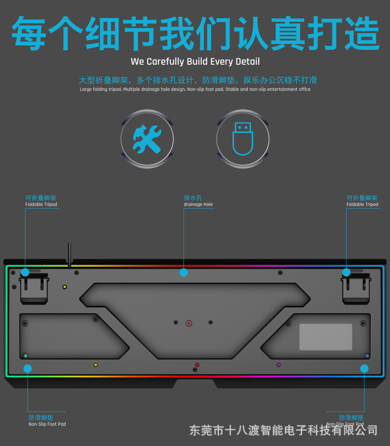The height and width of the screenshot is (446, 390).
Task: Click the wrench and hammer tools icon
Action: click(147, 139)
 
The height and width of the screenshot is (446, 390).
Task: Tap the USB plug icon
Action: click(243, 139)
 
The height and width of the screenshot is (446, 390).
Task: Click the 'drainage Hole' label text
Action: click(198, 204)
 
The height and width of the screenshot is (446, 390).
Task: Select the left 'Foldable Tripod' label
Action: click(41, 204)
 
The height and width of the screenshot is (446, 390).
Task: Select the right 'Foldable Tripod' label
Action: click(362, 204)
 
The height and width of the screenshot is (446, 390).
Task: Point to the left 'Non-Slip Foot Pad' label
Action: click(47, 424)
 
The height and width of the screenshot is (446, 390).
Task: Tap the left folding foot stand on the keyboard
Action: click(34, 287)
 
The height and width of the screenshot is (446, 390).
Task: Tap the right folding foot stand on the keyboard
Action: click(356, 288)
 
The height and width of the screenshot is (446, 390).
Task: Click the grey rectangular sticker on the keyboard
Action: click(326, 337)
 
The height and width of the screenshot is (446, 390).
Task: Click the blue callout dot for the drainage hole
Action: click(184, 273)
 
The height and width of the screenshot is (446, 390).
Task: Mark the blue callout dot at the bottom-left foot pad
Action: click(28, 368)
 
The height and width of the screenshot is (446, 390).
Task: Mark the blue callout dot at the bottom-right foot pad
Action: click(364, 368)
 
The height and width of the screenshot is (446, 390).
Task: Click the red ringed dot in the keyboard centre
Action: click(189, 324)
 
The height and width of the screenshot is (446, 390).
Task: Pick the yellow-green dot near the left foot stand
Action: click(65, 287)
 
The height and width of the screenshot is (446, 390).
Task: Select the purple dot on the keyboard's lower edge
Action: click(278, 365)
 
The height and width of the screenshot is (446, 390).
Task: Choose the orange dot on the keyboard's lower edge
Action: click(96, 365)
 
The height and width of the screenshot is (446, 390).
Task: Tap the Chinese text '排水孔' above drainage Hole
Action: click(193, 198)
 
